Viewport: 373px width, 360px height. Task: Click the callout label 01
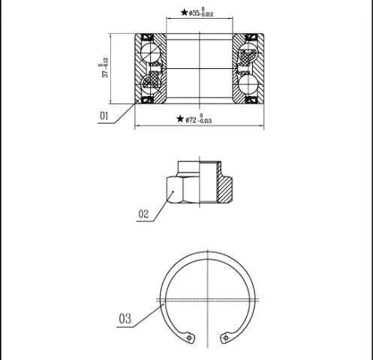104,115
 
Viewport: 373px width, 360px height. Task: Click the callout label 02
143,214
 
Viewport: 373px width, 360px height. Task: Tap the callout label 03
125,319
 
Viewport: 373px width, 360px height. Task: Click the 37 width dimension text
104,67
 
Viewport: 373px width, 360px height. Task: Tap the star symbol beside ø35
184,12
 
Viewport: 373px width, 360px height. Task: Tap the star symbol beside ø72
180,119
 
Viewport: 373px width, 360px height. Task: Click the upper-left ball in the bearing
150,53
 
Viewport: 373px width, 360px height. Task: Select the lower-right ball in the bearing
248,84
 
